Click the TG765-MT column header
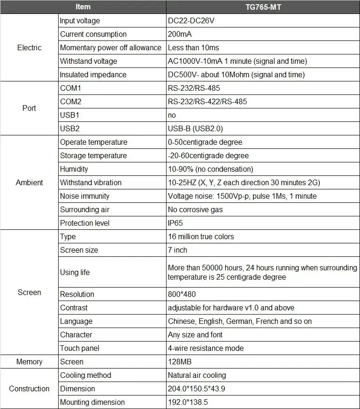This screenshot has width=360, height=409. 263,7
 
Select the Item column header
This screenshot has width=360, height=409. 83,7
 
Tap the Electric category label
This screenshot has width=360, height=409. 29,47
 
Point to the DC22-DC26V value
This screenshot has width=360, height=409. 191,20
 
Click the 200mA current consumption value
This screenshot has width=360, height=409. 180,34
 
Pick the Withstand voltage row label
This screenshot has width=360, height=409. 88,61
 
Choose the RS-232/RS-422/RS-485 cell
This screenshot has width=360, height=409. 207,101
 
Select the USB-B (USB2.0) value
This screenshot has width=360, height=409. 193,128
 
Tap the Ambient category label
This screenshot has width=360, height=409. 29,182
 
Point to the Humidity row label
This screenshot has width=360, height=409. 74,169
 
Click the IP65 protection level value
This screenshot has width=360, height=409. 175,223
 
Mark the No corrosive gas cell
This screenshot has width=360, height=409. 195,209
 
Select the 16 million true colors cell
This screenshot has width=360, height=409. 201,236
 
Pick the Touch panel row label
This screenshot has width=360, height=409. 80,348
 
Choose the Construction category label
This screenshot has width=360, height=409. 29,389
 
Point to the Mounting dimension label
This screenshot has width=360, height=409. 92,402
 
